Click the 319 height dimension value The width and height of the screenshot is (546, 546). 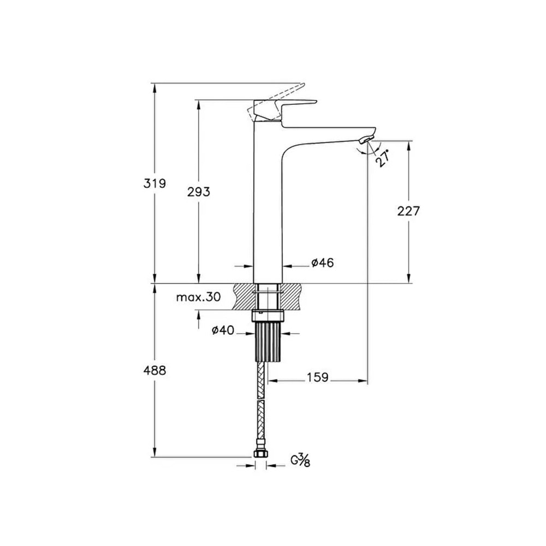[155, 183]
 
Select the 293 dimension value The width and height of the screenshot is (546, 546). [199, 192]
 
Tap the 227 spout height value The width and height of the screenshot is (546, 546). [408, 211]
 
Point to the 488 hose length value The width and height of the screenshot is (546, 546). [155, 370]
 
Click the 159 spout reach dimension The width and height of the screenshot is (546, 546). [317, 377]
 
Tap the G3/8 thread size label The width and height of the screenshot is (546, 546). [301, 460]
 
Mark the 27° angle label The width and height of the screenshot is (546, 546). [383, 158]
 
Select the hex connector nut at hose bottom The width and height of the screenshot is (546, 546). [260, 454]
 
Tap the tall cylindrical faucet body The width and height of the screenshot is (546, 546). [268, 207]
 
